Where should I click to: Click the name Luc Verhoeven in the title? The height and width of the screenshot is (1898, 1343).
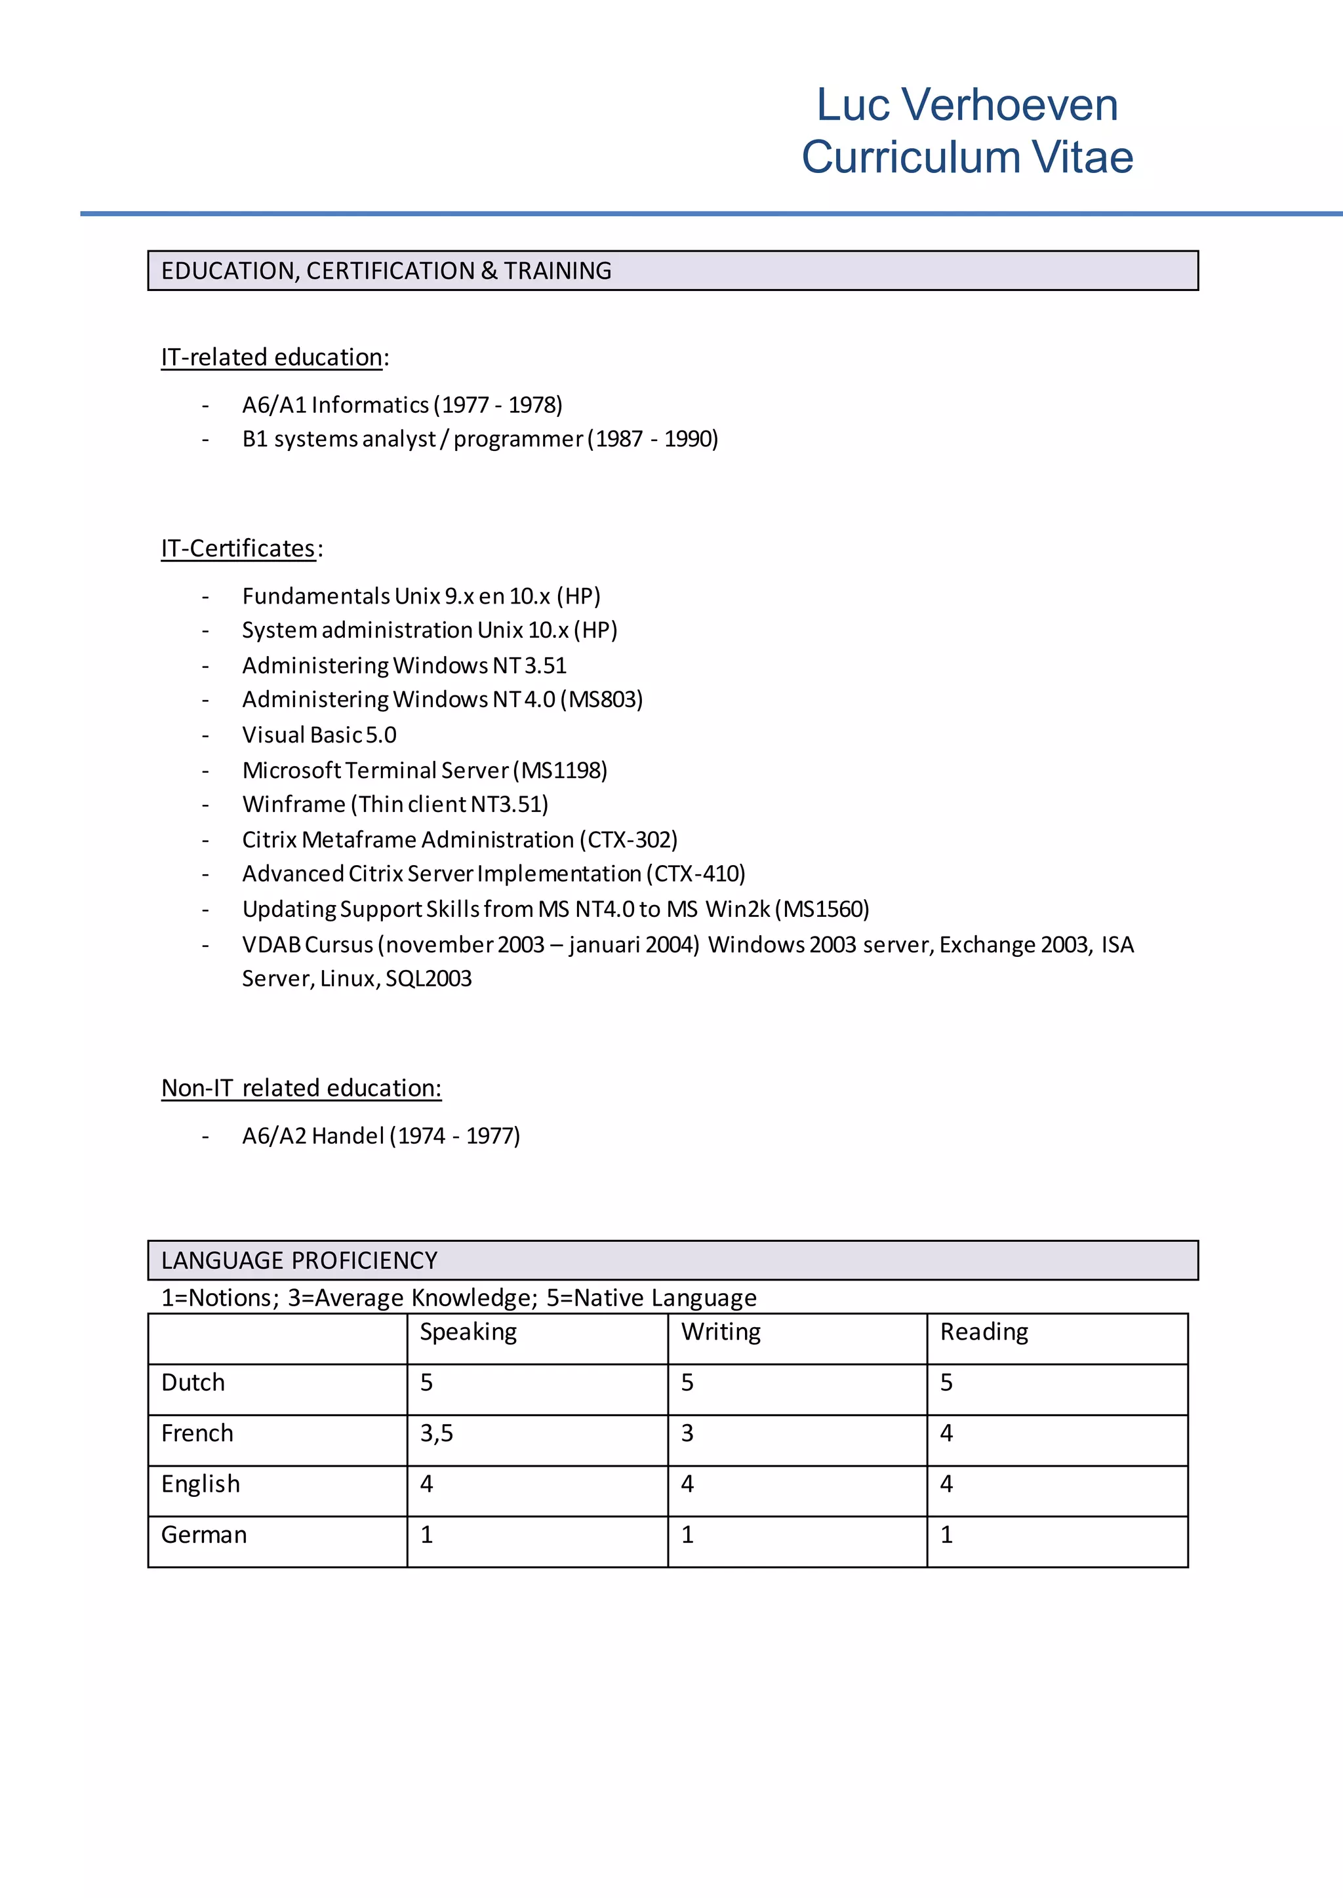tap(967, 105)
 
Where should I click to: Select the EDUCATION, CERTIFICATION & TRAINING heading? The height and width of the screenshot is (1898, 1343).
tap(386, 271)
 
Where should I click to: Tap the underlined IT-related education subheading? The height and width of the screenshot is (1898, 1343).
tap(272, 357)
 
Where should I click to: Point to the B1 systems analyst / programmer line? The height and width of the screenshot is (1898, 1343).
tap(479, 439)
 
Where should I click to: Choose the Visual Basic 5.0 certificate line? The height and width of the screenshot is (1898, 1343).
tap(319, 735)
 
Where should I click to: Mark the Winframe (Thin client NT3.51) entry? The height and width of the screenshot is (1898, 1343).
tap(395, 804)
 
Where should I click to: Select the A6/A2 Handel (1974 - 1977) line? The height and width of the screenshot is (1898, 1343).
tap(380, 1136)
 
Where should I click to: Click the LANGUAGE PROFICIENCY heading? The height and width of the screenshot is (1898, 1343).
tap(300, 1261)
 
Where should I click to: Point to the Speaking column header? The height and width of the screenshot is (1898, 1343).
tap(468, 1332)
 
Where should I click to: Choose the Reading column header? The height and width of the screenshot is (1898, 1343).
tap(984, 1332)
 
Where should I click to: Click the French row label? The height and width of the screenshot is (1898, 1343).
tap(197, 1433)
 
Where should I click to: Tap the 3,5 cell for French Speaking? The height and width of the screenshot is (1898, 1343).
tap(437, 1433)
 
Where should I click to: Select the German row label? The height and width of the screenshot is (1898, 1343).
tap(204, 1535)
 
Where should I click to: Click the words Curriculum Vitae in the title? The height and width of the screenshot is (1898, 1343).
tap(967, 157)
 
